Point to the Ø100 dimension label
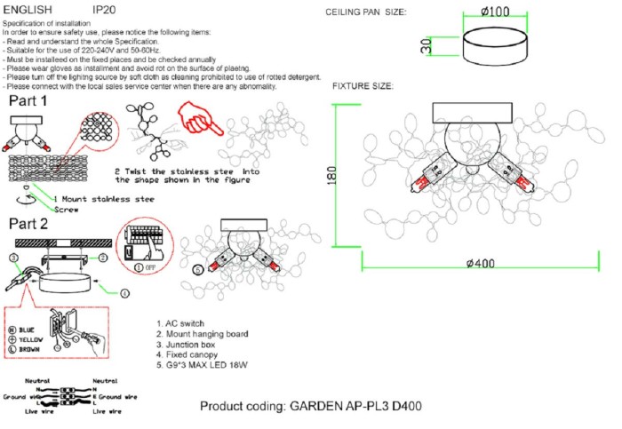(x=494, y=12)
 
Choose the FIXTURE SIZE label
(x=363, y=86)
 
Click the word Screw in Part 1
(x=42, y=209)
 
